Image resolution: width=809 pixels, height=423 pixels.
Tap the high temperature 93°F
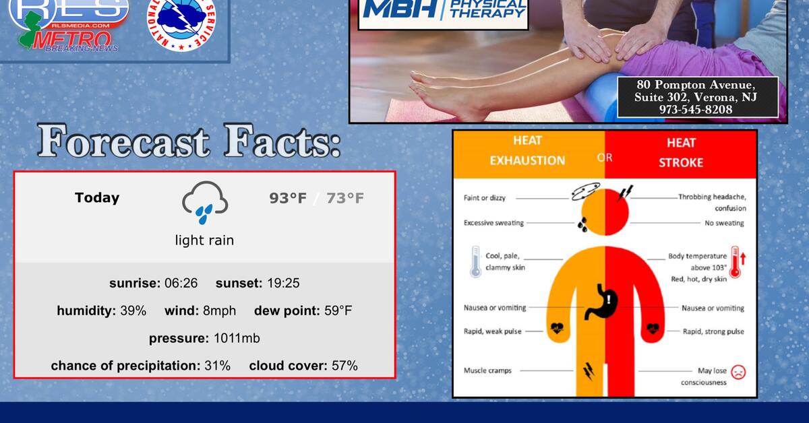coord(288,198)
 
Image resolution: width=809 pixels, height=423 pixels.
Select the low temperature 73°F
coord(345,198)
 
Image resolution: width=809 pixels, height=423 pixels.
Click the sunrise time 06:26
coord(181,283)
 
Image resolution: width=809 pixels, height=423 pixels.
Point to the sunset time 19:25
coord(283,283)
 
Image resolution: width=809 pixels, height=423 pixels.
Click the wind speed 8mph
coord(219,311)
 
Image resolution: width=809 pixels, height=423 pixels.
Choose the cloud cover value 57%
coord(344,366)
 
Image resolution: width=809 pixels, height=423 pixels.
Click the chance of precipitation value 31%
coord(217,366)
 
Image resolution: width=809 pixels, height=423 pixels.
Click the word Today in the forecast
coord(97,197)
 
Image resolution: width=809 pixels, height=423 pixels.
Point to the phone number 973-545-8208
coord(696,109)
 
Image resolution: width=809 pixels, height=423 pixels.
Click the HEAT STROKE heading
coord(681,152)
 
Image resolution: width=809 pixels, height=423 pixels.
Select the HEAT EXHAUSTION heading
coord(527,151)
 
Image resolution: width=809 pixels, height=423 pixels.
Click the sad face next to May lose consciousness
coord(739,371)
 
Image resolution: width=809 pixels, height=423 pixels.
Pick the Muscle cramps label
coord(487,370)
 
